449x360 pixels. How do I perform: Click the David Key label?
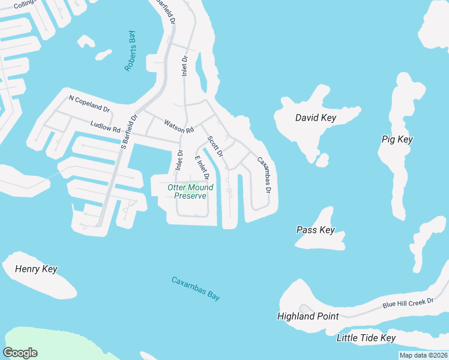[x=315, y=118]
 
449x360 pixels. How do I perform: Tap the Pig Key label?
[x=397, y=139]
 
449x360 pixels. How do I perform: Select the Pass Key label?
[x=315, y=230]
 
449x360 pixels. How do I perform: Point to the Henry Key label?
[x=36, y=269]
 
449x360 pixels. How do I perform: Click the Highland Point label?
[x=308, y=316]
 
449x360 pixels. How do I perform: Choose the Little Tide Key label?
[x=366, y=338]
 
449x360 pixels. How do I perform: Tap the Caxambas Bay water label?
[x=196, y=288]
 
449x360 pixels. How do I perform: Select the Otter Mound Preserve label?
[x=190, y=192]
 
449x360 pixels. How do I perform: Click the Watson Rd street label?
[x=179, y=126]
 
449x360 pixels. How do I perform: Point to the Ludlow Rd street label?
[x=106, y=127]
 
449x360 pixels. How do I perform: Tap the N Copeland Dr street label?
[x=89, y=103]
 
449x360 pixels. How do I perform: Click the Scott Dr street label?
[x=215, y=146]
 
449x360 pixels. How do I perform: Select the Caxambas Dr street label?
[x=264, y=175]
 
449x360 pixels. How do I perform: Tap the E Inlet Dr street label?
[x=201, y=167]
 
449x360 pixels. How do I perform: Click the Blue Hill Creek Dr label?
[x=408, y=301]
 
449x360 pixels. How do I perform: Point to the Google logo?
[x=20, y=353]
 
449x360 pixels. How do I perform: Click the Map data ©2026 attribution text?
[x=423, y=355]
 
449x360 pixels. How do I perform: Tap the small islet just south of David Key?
[x=322, y=160]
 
